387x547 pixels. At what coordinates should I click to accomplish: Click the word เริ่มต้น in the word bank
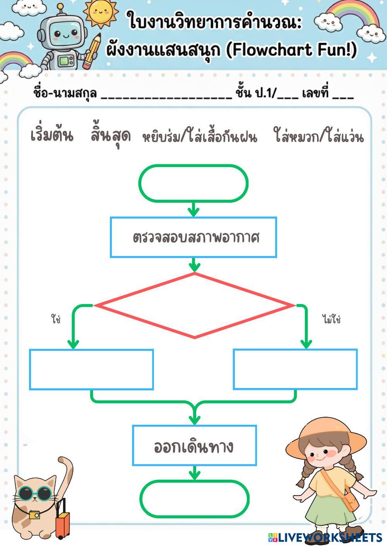tap(52, 135)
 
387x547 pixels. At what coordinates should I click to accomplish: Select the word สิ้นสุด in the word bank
tap(111, 136)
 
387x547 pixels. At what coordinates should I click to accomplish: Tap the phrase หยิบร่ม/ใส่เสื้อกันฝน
tap(200, 137)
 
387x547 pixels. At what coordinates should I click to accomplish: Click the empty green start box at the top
tap(193, 183)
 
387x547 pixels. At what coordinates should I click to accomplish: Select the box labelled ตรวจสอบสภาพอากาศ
tap(193, 237)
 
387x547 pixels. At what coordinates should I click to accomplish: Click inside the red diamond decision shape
tap(195, 306)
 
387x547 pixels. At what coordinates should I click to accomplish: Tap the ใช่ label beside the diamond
tap(56, 320)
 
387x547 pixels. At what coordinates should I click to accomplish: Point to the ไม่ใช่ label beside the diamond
tap(331, 320)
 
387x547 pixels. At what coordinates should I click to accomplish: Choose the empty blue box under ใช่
tap(91, 369)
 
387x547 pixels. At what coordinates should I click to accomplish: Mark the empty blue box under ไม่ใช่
tap(295, 369)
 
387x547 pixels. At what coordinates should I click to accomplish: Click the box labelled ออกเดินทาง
tap(194, 445)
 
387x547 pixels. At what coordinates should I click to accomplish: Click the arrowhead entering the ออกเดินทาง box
tap(194, 419)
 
